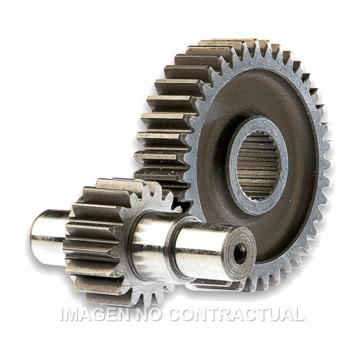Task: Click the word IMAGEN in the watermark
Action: [x=95, y=315]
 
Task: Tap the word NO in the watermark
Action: [x=149, y=315]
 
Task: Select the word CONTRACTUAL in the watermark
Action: [x=237, y=315]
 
